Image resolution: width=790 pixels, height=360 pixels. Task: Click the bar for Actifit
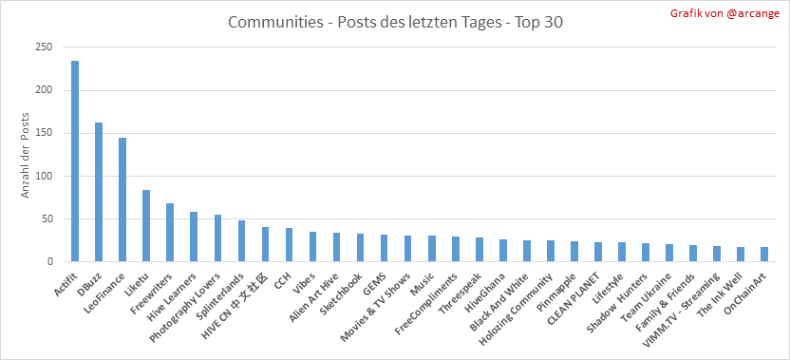[75, 161]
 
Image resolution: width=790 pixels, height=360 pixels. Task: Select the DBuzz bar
[98, 192]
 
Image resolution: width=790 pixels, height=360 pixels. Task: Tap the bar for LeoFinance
[122, 199]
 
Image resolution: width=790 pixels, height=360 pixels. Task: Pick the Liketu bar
[146, 226]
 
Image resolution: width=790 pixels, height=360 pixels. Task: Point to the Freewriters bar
[170, 233]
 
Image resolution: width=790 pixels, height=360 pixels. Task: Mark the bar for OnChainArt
[764, 255]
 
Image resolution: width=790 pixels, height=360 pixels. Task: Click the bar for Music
[432, 249]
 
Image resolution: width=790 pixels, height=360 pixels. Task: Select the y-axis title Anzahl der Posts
[26, 154]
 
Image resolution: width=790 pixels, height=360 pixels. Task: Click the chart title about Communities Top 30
[395, 23]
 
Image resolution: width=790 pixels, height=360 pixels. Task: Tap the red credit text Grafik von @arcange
[724, 13]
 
